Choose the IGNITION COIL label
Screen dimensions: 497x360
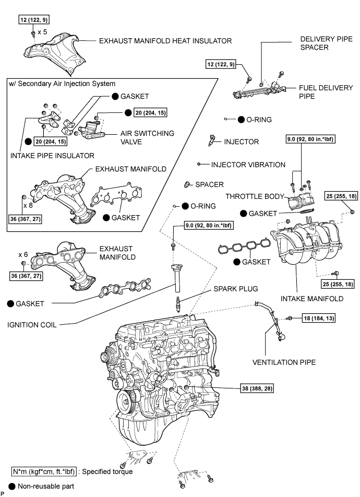click(31, 324)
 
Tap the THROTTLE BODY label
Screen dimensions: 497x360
click(254, 196)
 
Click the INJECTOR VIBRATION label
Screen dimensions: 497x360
click(248, 164)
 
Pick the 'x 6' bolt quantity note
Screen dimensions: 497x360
click(23, 254)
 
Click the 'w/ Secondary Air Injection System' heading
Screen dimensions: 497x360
click(62, 84)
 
